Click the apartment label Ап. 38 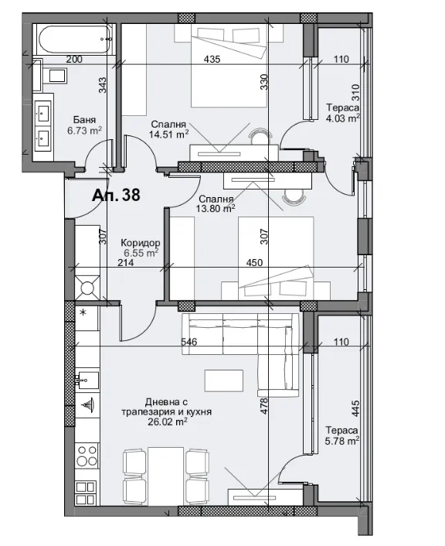116,195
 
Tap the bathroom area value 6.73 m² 86,131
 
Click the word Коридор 140,241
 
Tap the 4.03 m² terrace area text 343,119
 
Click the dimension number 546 190,341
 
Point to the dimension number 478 264,407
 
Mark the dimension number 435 213,60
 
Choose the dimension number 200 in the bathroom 74,60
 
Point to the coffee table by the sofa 224,381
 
